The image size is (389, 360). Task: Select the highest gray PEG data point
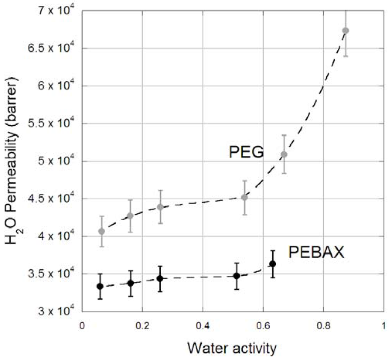click(345, 30)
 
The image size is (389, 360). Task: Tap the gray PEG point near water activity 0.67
click(284, 154)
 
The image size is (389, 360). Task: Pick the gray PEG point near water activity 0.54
click(245, 197)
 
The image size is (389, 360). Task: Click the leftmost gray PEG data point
click(101, 231)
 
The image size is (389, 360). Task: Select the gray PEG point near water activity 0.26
click(160, 207)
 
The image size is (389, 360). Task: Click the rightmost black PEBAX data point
click(272, 264)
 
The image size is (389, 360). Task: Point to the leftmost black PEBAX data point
click(100, 286)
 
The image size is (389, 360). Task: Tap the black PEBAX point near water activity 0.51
click(236, 276)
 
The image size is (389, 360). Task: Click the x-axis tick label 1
click(384, 325)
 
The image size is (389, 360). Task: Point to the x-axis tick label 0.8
click(324, 325)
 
